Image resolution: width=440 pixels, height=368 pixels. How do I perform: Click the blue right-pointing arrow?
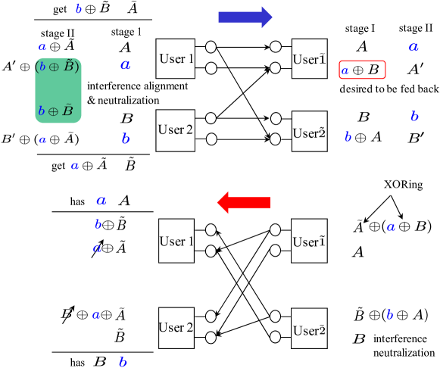click(245, 17)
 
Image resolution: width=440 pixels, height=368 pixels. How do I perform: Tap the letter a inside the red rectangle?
click(345, 71)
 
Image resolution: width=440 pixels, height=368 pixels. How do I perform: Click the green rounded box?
click(58, 90)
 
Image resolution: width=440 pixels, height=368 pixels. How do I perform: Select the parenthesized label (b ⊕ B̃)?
click(57, 67)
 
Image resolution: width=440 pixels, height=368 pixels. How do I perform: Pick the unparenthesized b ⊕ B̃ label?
click(55, 111)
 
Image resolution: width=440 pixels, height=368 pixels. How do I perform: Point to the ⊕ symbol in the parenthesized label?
click(54, 67)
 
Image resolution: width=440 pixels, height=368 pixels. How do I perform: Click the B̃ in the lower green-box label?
click(67, 111)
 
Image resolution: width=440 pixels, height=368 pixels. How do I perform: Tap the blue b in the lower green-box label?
click(41, 111)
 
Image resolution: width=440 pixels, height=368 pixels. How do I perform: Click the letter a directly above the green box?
click(42, 47)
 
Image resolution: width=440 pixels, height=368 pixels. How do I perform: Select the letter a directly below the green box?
click(42, 140)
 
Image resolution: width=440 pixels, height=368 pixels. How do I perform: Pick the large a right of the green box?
click(125, 65)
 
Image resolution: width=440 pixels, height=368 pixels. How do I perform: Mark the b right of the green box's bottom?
click(126, 139)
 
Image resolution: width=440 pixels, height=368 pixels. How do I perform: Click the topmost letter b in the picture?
click(78, 8)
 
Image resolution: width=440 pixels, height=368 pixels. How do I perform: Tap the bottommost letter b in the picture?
click(123, 362)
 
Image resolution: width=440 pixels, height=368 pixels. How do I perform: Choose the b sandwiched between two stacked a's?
click(98, 224)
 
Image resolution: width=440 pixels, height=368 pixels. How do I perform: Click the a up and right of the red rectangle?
click(413, 47)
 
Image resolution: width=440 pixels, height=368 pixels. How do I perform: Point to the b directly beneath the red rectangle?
click(348, 137)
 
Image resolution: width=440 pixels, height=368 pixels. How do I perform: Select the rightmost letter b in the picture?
click(414, 117)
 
